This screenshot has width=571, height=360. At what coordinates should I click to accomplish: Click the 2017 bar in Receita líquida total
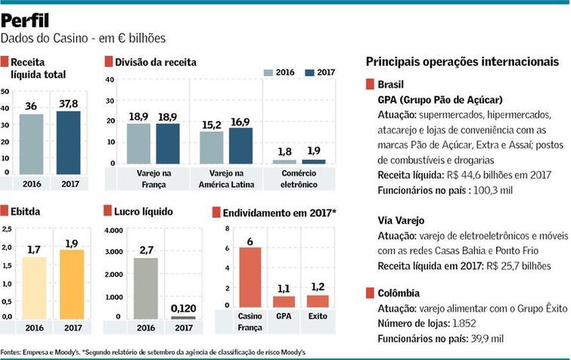(68, 142)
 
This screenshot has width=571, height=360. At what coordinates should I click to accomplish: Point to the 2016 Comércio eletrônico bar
(284, 161)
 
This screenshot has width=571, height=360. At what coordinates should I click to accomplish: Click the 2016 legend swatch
(269, 73)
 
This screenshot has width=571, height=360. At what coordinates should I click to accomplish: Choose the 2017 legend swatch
(309, 73)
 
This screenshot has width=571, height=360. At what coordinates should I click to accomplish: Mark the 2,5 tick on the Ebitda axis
(7, 229)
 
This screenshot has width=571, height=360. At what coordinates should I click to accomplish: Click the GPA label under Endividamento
(284, 316)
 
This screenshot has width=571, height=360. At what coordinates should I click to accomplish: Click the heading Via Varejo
(400, 221)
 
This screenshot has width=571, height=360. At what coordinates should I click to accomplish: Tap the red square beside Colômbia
(370, 293)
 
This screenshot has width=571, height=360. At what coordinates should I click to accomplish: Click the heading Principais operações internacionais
(462, 62)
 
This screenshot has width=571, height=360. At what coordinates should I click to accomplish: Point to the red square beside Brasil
(370, 85)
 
